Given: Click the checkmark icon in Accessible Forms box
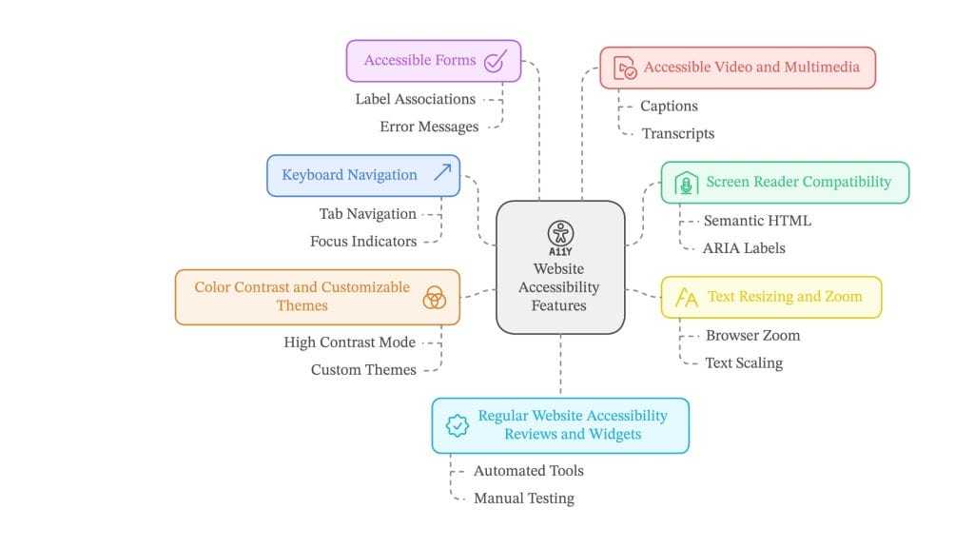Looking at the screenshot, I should pos(495,62).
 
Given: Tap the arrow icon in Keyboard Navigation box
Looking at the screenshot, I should pos(442,173).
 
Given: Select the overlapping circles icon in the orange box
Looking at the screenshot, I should pos(434,297).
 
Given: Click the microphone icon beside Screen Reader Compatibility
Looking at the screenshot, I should pos(685,184).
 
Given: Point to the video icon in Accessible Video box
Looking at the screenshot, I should pos(624,68).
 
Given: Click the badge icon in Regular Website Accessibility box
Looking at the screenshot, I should pos(458,425).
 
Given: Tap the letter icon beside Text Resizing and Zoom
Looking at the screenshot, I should pos(686,298).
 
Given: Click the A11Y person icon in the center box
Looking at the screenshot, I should pos(560,234).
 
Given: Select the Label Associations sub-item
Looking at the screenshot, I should pos(416,99).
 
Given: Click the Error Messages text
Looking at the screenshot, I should pos(429,127).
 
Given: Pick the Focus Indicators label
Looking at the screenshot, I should pos(363,242).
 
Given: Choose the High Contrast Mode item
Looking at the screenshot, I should pos(350,342).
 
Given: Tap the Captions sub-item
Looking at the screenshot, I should pos(669,107).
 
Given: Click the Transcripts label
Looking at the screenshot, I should pos(677,134).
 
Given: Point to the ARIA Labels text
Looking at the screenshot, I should pos(744,248).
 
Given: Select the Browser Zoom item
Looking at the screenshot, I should pos(752,336).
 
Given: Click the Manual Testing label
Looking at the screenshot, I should pos(524,499).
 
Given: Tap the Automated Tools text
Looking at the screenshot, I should pos(529,471).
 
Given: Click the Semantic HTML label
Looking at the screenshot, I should pos(757,221).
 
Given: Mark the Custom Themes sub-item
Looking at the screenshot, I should pos(363,370).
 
